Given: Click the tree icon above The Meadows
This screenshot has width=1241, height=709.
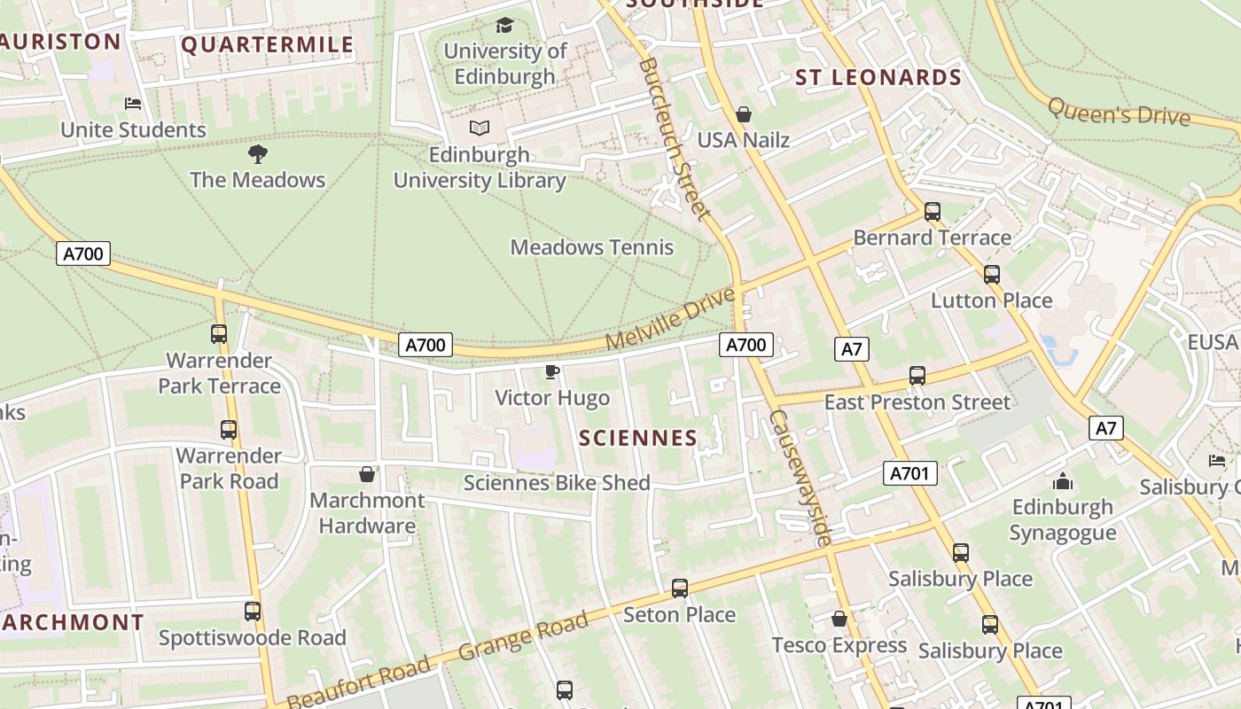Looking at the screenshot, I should tap(258, 154).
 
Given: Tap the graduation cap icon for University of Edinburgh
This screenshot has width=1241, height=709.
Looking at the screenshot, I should tap(504, 25).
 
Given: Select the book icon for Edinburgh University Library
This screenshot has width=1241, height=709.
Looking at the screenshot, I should tap(480, 129).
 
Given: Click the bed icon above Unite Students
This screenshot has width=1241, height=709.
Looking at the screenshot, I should tap(133, 104).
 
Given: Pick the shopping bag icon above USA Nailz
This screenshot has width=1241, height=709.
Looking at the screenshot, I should tap(744, 114).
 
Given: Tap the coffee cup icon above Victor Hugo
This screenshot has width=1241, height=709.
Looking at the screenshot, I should tap(551, 371).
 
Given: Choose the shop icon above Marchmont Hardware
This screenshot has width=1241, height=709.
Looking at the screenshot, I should tap(367, 475).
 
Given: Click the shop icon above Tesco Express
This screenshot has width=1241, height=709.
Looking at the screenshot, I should tap(839, 619).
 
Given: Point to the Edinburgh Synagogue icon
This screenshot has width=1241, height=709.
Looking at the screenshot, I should tap(1063, 482).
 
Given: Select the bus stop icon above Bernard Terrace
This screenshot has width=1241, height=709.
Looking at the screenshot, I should tap(932, 212).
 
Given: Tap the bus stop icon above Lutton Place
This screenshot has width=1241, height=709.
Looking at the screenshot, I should tap(992, 275).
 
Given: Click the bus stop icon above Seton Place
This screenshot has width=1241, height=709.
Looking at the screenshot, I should tap(680, 588).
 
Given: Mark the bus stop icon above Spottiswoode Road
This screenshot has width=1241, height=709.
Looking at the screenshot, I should tap(253, 612).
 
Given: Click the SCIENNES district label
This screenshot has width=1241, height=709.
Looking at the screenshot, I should tap(638, 438).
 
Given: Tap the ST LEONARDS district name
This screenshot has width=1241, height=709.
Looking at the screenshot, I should tap(878, 78).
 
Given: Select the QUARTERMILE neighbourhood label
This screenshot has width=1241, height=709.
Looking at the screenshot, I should tap(267, 45).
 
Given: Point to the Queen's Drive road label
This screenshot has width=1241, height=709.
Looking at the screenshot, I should tap(1119, 112).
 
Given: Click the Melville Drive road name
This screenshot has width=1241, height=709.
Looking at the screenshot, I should tap(670, 317).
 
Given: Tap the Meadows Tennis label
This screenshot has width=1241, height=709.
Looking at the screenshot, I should tap(592, 247).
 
